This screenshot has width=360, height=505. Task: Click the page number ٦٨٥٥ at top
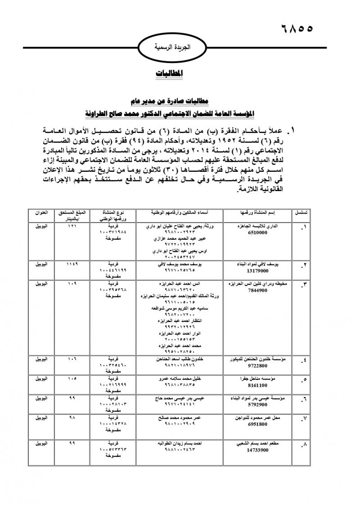pos(292,28)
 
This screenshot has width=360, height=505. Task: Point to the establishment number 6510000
pos(258,233)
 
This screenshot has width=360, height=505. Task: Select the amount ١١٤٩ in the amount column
pos(72,264)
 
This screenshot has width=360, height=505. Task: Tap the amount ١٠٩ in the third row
pos(72,284)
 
